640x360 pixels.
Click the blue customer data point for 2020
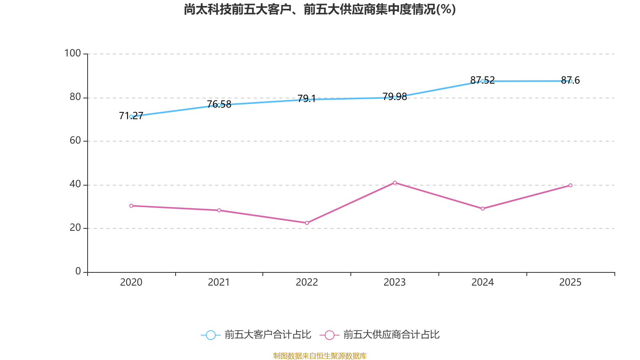click(131, 116)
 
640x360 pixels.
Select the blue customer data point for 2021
click(219, 105)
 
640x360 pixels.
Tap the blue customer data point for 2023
click(395, 98)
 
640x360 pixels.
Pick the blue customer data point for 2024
click(482, 81)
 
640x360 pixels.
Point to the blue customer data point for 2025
click(570, 81)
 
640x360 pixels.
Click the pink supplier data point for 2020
click(131, 206)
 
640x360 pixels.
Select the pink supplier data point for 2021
click(219, 210)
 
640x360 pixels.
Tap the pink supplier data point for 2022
click(307, 223)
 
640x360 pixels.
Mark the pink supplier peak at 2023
click(395, 183)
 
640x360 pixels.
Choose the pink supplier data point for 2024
click(482, 209)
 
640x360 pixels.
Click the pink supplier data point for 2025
click(570, 185)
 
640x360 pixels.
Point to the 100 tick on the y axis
click(73, 53)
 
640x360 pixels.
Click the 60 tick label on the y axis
click(75, 140)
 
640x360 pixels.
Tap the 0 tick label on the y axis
click(78, 271)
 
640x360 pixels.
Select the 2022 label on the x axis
click(307, 282)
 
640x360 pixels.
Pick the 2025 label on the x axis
click(570, 282)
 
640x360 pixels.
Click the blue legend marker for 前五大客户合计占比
click(210, 335)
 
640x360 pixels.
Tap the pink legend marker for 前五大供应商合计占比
click(329, 335)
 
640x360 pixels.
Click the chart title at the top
click(320, 9)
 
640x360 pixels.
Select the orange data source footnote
click(320, 356)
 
